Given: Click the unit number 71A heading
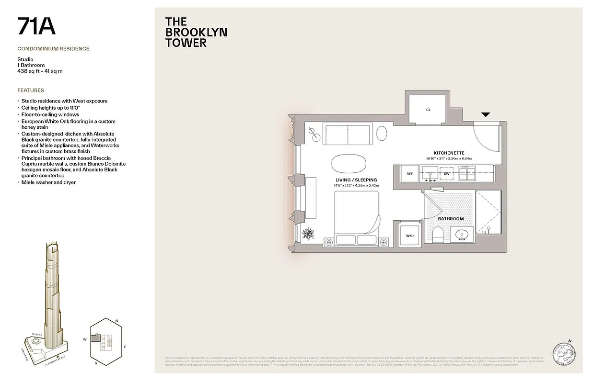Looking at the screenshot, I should tap(36, 26).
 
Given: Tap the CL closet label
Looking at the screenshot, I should tap(428, 110).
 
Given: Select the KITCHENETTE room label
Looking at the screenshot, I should tap(449, 153).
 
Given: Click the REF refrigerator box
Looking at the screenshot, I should tap(409, 174).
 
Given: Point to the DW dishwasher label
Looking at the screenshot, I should tap(446, 173).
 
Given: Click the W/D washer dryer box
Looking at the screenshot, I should tap(409, 235).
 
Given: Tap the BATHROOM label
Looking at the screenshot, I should tap(451, 219).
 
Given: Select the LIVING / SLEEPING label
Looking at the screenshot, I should tap(356, 180).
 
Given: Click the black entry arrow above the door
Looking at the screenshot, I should tap(486, 115).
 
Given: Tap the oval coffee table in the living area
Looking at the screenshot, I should tap(347, 163).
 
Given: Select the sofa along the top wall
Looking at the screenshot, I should tap(348, 134).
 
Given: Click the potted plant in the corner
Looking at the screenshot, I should tap(308, 235).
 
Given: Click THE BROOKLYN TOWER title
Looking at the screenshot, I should tap(196, 32).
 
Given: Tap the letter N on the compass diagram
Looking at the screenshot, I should tap(116, 321).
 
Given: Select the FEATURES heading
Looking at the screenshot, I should tap(31, 90).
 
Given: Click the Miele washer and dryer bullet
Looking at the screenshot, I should tap(48, 182).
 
